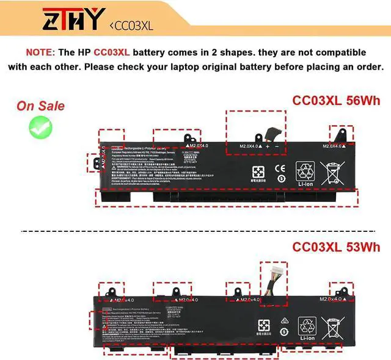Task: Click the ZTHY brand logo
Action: pyautogui.click(x=70, y=20)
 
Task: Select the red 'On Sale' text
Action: pyautogui.click(x=40, y=106)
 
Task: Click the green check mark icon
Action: pyautogui.click(x=41, y=127)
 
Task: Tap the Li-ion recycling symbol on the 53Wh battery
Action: pyautogui.click(x=307, y=329)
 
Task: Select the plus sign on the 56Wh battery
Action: pyautogui.click(x=268, y=146)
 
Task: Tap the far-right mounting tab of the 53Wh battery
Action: pyautogui.click(x=340, y=290)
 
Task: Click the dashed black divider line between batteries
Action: pyautogui.click(x=195, y=231)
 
